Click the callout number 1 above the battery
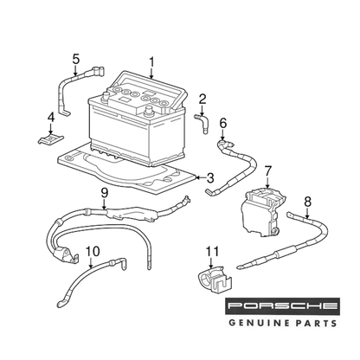pos(151,62)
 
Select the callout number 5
pos(75,59)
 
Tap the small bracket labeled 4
pos(51,139)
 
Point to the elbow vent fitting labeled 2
pos(202,123)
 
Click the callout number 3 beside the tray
pos(210,177)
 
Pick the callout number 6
pos(223,123)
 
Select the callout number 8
pos(308,202)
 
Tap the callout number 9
pos(104,192)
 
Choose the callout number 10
pos(93,252)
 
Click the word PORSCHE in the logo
pos(283,306)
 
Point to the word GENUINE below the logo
pos(255,323)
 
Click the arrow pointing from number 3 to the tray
pos(201,177)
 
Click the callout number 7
pos(267,171)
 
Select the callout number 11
pos(212,252)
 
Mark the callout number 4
pos(51,118)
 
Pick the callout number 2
pos(202,100)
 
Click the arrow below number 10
pos(91,263)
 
